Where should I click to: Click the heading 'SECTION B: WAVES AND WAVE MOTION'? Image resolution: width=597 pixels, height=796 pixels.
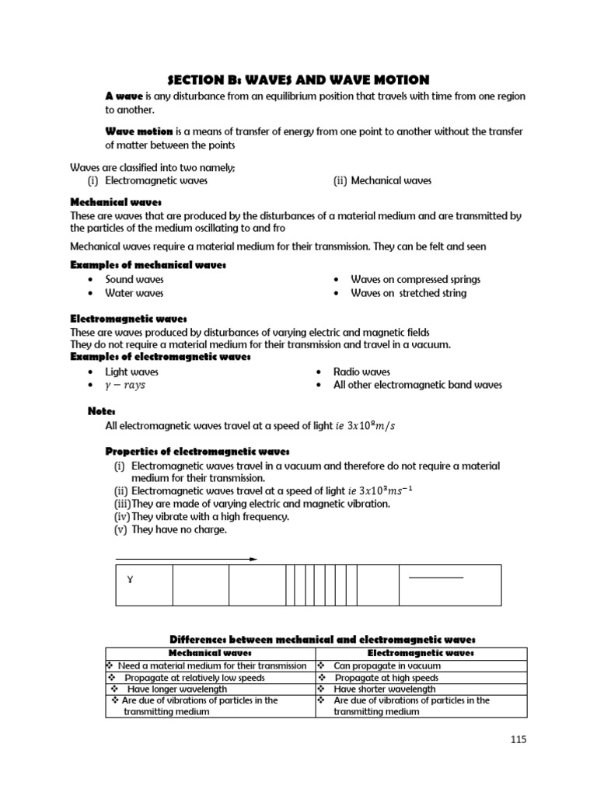(298, 79)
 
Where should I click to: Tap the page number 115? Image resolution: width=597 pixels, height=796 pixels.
(518, 739)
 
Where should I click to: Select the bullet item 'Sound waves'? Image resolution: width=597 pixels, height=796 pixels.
(134, 279)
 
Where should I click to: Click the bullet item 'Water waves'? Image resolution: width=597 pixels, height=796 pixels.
(134, 293)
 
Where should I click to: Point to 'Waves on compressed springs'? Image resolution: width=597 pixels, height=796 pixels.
(415, 279)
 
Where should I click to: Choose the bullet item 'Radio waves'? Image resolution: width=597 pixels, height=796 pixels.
(361, 372)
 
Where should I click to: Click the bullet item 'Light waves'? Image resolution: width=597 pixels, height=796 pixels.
(132, 372)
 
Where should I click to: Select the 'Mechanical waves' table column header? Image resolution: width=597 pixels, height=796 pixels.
(210, 654)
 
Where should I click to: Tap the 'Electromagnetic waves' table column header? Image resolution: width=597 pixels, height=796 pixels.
(421, 654)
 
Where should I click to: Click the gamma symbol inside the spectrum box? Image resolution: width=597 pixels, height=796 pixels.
(130, 579)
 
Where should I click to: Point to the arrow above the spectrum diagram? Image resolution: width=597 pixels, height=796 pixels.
(187, 558)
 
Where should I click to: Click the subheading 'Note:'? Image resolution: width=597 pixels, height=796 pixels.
(102, 410)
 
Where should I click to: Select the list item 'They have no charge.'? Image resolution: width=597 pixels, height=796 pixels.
(179, 529)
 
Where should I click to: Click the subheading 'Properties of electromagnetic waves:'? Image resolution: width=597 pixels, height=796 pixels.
(197, 451)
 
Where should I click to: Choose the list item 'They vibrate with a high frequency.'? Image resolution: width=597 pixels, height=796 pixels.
(210, 517)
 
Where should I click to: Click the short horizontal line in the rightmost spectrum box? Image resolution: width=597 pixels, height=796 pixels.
(435, 578)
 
